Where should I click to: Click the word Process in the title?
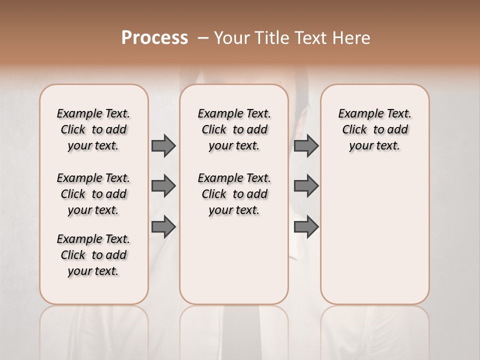154,37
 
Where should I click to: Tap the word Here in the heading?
352,38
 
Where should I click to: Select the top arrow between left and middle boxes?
163,145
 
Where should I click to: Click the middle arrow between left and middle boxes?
163,186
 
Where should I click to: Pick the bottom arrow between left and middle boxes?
163,227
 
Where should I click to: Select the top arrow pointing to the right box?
306,145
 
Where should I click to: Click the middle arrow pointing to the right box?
306,186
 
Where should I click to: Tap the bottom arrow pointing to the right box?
306,227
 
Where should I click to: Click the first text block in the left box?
93,129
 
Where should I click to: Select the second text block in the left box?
93,194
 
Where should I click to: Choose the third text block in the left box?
93,255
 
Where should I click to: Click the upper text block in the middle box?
234,129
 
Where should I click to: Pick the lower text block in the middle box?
234,194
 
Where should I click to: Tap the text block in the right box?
374,129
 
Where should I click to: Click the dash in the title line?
202,38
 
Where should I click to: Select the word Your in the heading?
232,38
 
